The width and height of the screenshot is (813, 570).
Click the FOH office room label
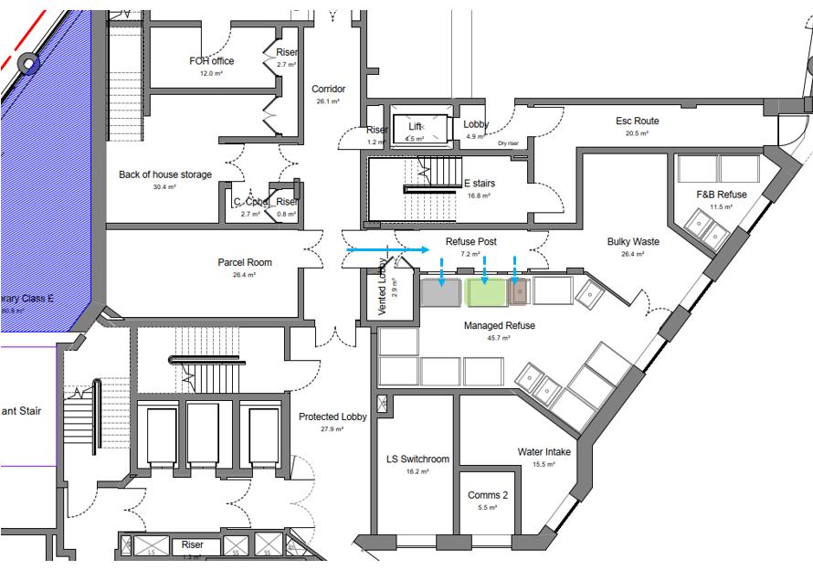point(211,61)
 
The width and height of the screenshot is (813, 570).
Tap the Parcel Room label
point(244,263)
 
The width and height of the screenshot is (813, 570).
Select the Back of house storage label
point(165,174)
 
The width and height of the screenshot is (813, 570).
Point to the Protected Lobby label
point(333,417)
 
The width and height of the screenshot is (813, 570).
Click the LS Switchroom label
point(417,459)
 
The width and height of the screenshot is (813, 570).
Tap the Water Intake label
point(544,451)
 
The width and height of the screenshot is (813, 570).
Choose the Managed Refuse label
point(499,325)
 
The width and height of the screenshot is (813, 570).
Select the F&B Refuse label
point(721,195)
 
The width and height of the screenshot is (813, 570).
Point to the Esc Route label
point(637,121)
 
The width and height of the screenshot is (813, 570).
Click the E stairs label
point(479,184)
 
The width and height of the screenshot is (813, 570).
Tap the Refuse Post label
point(470,242)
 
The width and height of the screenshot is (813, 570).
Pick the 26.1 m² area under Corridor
point(328,101)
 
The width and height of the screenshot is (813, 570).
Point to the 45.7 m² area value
point(499,338)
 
